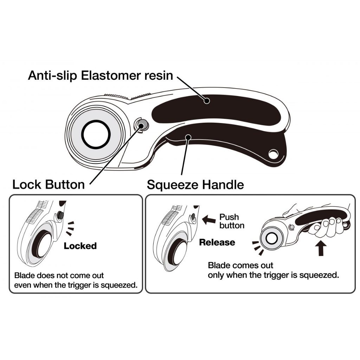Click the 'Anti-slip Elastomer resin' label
pyautogui.click(x=101, y=75)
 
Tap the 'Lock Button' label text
pyautogui.click(x=49, y=184)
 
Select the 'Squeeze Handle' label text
pyautogui.click(x=195, y=184)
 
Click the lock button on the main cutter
pyautogui.click(x=142, y=124)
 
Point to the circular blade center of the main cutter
pyautogui.click(x=96, y=134)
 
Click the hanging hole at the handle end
pyautogui.click(x=272, y=154)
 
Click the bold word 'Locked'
pyautogui.click(x=80, y=246)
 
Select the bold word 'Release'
pyautogui.click(x=217, y=242)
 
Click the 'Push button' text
pyautogui.click(x=232, y=221)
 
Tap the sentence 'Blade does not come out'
pyautogui.click(x=59, y=275)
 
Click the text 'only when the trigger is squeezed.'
pyautogui.click(x=274, y=275)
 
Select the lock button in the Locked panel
pyautogui.click(x=60, y=214)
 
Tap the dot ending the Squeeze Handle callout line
pyautogui.click(x=188, y=137)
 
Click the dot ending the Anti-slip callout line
pyautogui.click(x=207, y=101)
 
